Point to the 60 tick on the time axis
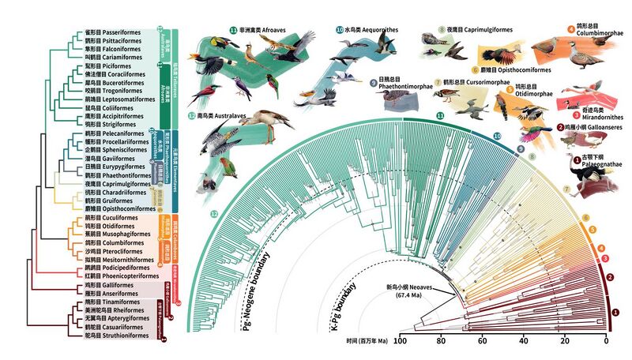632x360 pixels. coord(483,340)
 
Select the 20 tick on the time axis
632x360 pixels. coord(566,340)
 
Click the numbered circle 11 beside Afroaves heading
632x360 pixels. coord(234,30)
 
